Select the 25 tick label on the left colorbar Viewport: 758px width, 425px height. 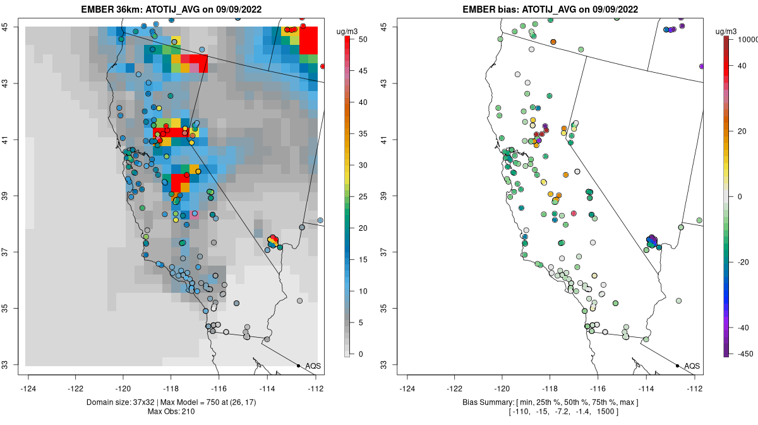(362, 197)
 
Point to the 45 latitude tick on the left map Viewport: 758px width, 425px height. (12, 27)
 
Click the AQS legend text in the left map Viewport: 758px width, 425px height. (313, 366)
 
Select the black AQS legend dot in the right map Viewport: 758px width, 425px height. (677, 366)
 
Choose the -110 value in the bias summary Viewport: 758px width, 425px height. (519, 412)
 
